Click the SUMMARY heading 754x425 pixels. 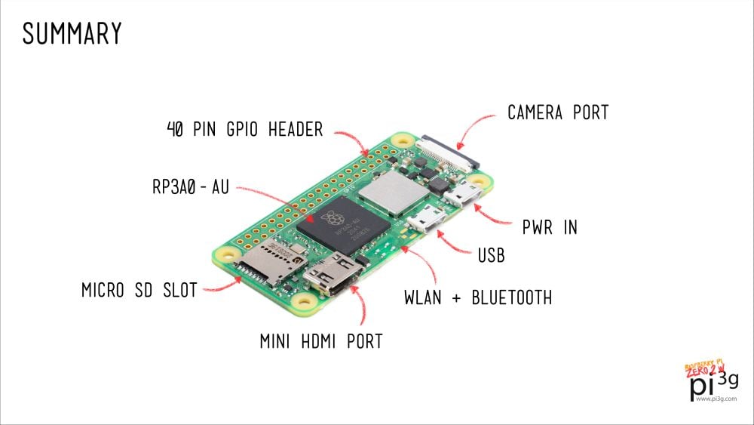coord(72,33)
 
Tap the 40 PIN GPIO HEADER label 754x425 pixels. coord(244,129)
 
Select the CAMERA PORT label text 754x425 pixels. coord(557,113)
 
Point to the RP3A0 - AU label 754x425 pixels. coord(190,187)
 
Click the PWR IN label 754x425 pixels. coord(550,226)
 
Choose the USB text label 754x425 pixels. coord(490,256)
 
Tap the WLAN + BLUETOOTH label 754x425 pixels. coord(478,297)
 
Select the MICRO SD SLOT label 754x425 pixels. coord(139,290)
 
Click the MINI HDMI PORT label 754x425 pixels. coord(321,341)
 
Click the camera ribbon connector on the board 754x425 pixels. coord(451,151)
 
